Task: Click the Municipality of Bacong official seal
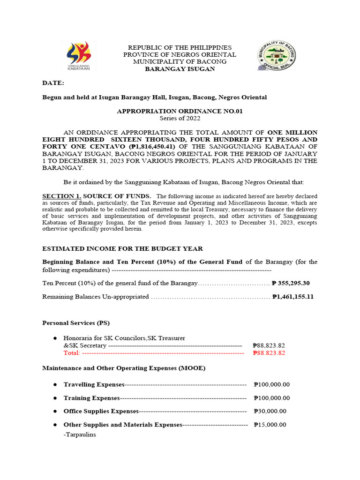(277, 56)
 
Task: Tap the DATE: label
(53, 83)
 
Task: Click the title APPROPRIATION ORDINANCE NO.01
(180, 111)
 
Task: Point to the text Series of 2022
(180, 118)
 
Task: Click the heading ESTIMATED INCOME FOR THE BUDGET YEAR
(123, 248)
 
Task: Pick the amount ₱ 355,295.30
(291, 284)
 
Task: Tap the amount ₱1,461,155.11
(292, 297)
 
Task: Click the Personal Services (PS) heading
(76, 323)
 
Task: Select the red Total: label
(72, 353)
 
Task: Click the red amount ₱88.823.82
(269, 353)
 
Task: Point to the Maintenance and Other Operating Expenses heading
(124, 368)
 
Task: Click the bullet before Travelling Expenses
(55, 384)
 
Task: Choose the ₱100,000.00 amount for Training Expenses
(271, 398)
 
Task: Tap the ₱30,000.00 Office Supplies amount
(270, 411)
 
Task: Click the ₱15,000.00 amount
(270, 425)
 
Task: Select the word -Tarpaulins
(80, 435)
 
